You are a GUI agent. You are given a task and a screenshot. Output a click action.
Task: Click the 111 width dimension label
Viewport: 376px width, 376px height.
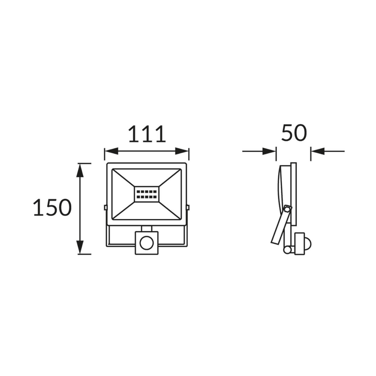147,134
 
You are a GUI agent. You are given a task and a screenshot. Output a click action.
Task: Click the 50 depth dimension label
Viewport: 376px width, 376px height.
294,133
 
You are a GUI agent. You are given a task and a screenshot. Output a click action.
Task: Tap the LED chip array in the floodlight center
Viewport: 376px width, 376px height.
147,194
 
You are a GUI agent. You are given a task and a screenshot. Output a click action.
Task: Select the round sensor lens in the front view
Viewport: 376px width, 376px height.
147,243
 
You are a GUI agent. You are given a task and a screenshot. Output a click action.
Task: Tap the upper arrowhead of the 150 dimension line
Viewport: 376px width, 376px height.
80,170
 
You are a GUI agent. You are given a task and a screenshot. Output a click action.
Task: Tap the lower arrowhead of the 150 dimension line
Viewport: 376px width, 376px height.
80,247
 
